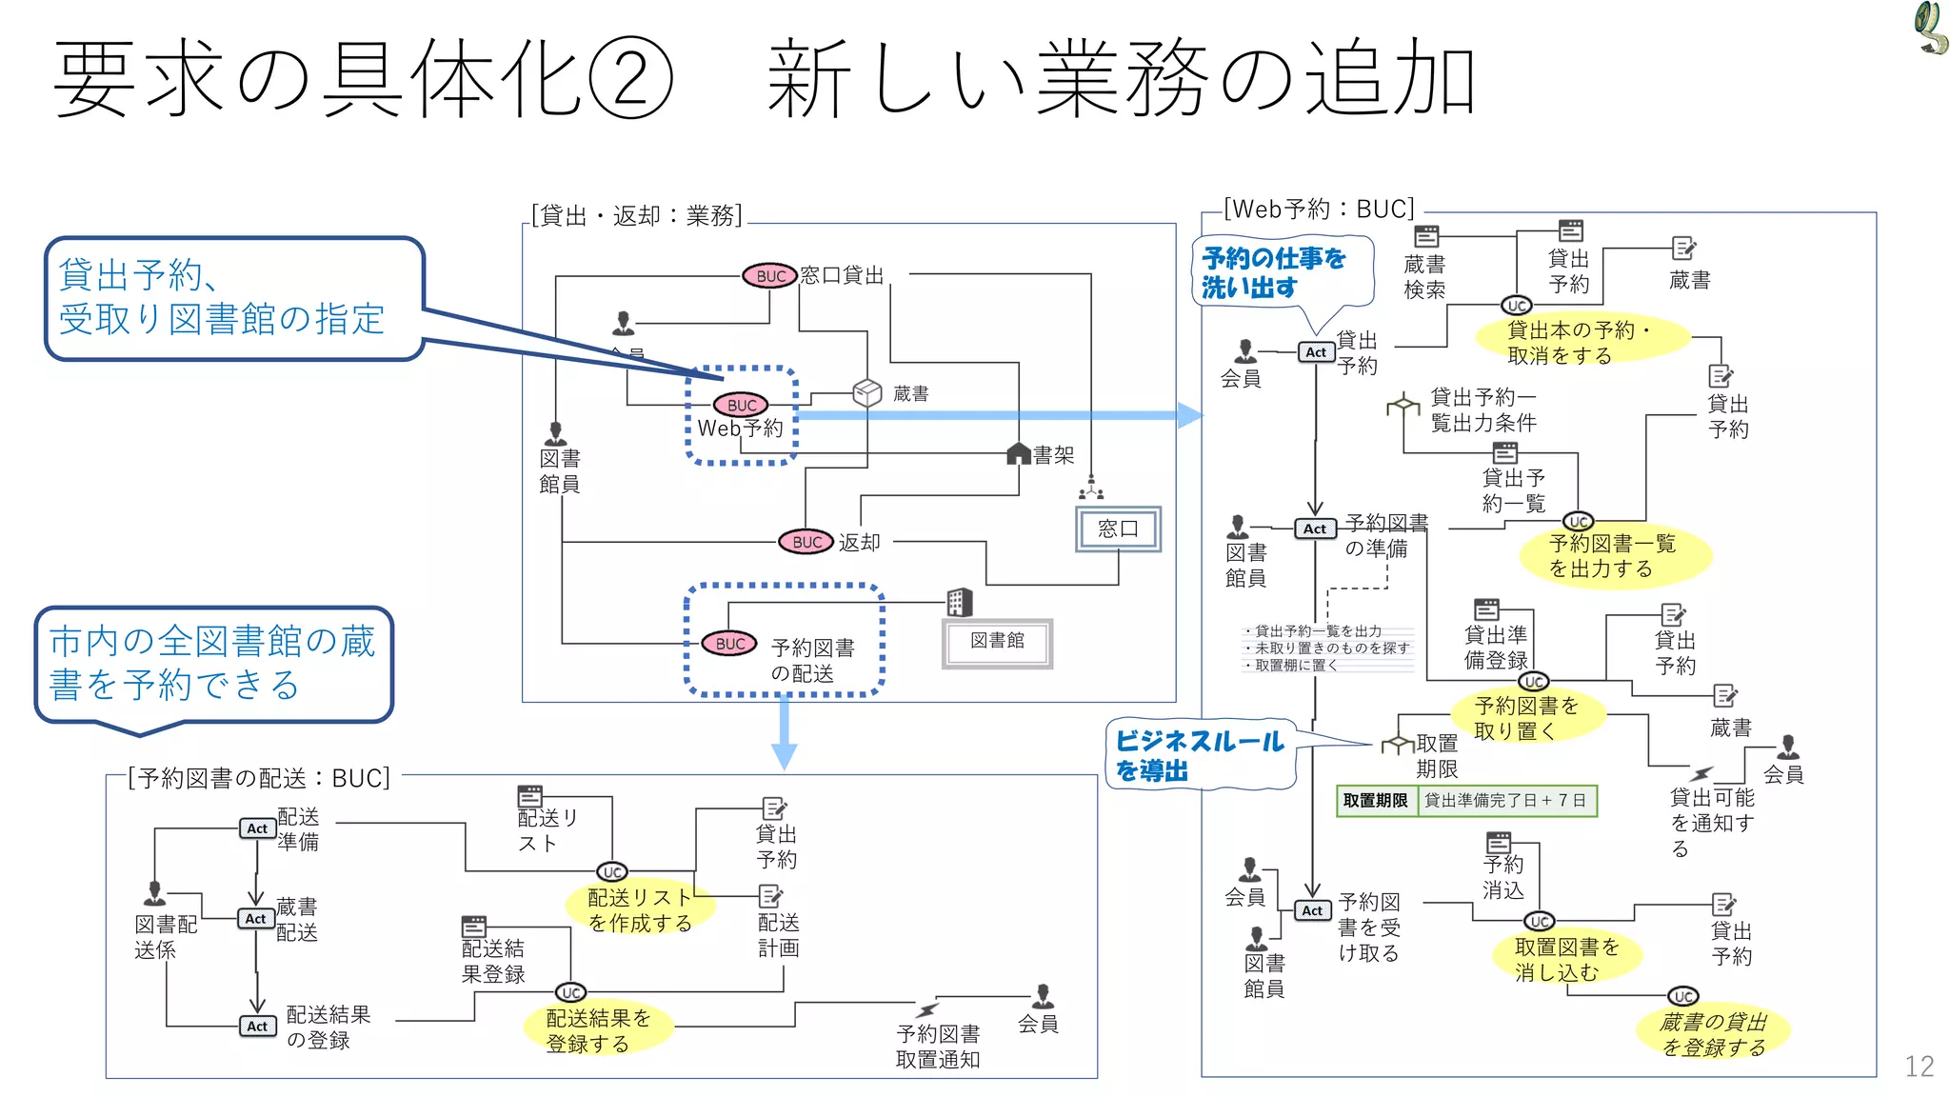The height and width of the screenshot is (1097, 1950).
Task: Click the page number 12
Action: [1919, 1066]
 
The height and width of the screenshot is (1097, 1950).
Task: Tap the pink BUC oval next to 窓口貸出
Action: [769, 276]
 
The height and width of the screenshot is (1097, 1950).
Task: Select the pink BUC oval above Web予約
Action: [741, 405]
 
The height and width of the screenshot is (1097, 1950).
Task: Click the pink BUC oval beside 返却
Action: [806, 542]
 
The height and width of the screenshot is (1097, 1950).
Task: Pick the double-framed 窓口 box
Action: [1118, 529]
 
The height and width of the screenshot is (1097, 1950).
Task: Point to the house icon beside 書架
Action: [1019, 454]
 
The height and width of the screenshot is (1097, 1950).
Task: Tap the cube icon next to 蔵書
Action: [866, 392]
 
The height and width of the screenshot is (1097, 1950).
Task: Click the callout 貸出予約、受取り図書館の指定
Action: [233, 298]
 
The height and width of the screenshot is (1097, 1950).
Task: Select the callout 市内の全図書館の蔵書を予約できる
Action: [213, 664]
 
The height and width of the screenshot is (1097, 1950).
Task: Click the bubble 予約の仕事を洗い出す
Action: [1281, 272]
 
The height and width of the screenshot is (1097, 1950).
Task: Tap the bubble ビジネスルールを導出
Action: [1200, 755]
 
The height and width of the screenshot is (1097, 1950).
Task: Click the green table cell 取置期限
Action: [1375, 801]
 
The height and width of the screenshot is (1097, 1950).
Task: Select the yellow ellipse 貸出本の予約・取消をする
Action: [1581, 342]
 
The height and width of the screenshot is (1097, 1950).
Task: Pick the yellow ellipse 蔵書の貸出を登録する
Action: [1712, 1033]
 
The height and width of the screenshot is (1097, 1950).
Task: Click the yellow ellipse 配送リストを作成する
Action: [640, 909]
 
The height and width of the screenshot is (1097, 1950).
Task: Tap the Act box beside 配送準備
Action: [257, 828]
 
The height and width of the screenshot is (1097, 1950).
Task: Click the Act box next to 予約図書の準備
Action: [1315, 529]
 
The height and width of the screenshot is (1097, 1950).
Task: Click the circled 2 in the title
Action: [631, 78]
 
